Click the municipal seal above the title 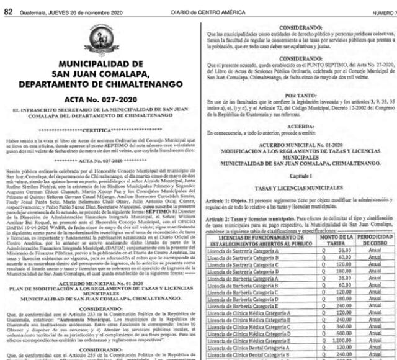click(x=101, y=38)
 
